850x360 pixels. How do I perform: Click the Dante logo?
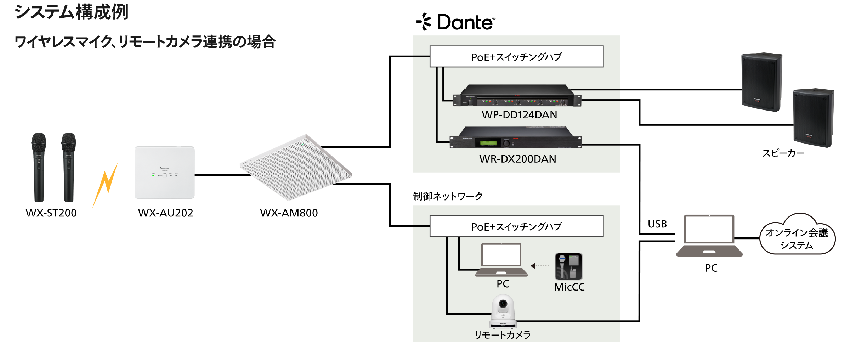click(456, 22)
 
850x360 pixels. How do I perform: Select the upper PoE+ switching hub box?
click(516, 57)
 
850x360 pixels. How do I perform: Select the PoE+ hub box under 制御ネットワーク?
click(516, 226)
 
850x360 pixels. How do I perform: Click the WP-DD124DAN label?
click(519, 115)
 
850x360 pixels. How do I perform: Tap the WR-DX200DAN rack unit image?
click(515, 139)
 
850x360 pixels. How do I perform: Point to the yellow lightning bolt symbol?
click(106, 184)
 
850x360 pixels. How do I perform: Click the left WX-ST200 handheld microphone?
click(39, 167)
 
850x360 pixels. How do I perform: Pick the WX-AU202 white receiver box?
click(165, 173)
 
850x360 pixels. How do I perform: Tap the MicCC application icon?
click(568, 266)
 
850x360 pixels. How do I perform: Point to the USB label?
click(657, 224)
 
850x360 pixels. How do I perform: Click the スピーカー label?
click(783, 153)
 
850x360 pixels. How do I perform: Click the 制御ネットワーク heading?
click(448, 196)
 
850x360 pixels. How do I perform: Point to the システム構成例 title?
click(71, 12)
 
